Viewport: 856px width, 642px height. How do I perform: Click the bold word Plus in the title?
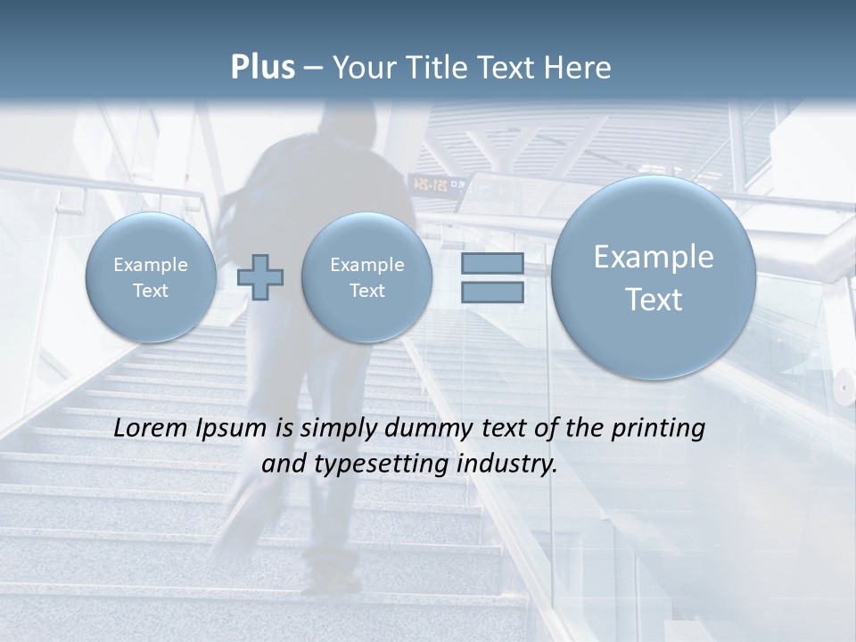pyautogui.click(x=262, y=68)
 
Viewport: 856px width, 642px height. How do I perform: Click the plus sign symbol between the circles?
pyautogui.click(x=260, y=277)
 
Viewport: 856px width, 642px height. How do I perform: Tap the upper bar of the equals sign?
pyautogui.click(x=492, y=263)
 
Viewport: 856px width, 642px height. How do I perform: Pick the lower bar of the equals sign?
pyautogui.click(x=492, y=292)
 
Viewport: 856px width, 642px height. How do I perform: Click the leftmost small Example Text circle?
pyautogui.click(x=151, y=277)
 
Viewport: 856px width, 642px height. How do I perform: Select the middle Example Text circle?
pyautogui.click(x=367, y=277)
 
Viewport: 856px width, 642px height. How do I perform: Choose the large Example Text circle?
pyautogui.click(x=654, y=277)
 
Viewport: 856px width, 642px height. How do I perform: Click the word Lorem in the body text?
pyautogui.click(x=147, y=428)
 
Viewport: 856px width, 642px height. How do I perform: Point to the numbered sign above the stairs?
pyautogui.click(x=437, y=185)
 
